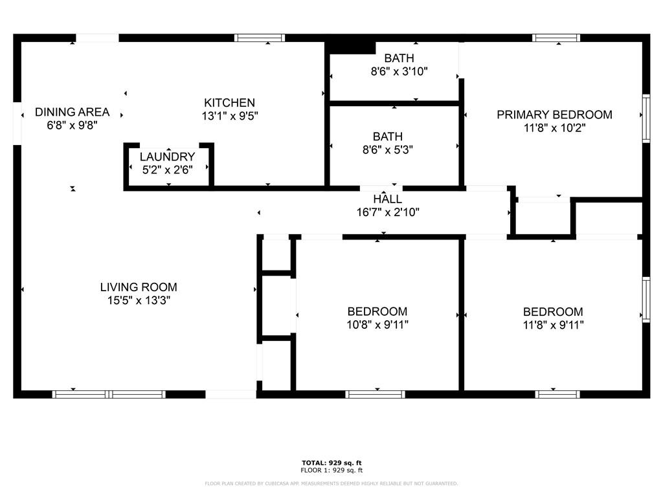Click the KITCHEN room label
(229, 103)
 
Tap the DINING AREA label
(73, 112)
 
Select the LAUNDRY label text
(168, 157)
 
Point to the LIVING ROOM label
(139, 287)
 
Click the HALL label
(388, 199)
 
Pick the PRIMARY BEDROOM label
(554, 115)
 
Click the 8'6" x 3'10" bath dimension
(399, 71)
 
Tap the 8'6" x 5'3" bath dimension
(388, 150)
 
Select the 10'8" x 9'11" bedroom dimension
(377, 325)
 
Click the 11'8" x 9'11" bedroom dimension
(553, 325)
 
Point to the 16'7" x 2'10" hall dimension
(388, 212)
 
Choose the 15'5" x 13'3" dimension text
(139, 300)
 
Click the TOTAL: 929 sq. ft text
(331, 463)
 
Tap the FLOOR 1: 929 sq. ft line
(331, 470)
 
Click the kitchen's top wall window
(260, 38)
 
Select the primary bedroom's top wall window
(556, 38)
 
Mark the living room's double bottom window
(109, 395)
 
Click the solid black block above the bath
(351, 46)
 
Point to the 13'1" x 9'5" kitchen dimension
(230, 116)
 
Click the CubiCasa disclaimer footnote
(331, 483)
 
